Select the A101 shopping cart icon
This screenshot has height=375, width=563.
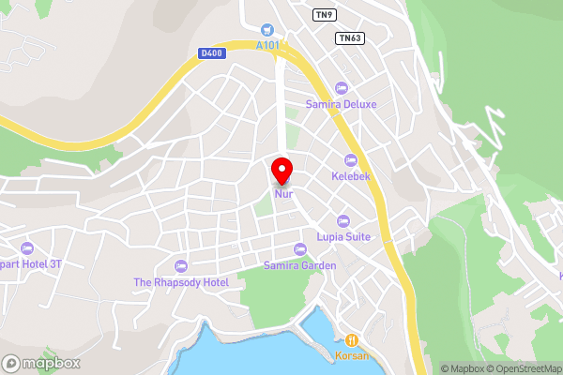(267, 30)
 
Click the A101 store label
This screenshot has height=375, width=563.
(267, 44)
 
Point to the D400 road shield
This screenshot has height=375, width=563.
(211, 53)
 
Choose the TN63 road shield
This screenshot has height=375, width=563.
(348, 37)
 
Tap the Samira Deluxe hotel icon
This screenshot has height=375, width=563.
(341, 88)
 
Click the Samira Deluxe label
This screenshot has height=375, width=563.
(341, 104)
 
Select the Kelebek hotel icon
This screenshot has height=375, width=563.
(352, 159)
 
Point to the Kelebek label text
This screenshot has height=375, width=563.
(352, 175)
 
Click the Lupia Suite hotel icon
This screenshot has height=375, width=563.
(343, 221)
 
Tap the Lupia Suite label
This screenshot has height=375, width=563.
(343, 236)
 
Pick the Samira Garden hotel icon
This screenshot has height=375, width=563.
(300, 249)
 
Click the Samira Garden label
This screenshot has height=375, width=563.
(300, 265)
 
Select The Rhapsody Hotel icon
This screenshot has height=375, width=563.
(181, 266)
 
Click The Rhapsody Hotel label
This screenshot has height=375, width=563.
(181, 282)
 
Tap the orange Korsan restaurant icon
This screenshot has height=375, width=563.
(351, 340)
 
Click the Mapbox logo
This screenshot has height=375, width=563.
(41, 363)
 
